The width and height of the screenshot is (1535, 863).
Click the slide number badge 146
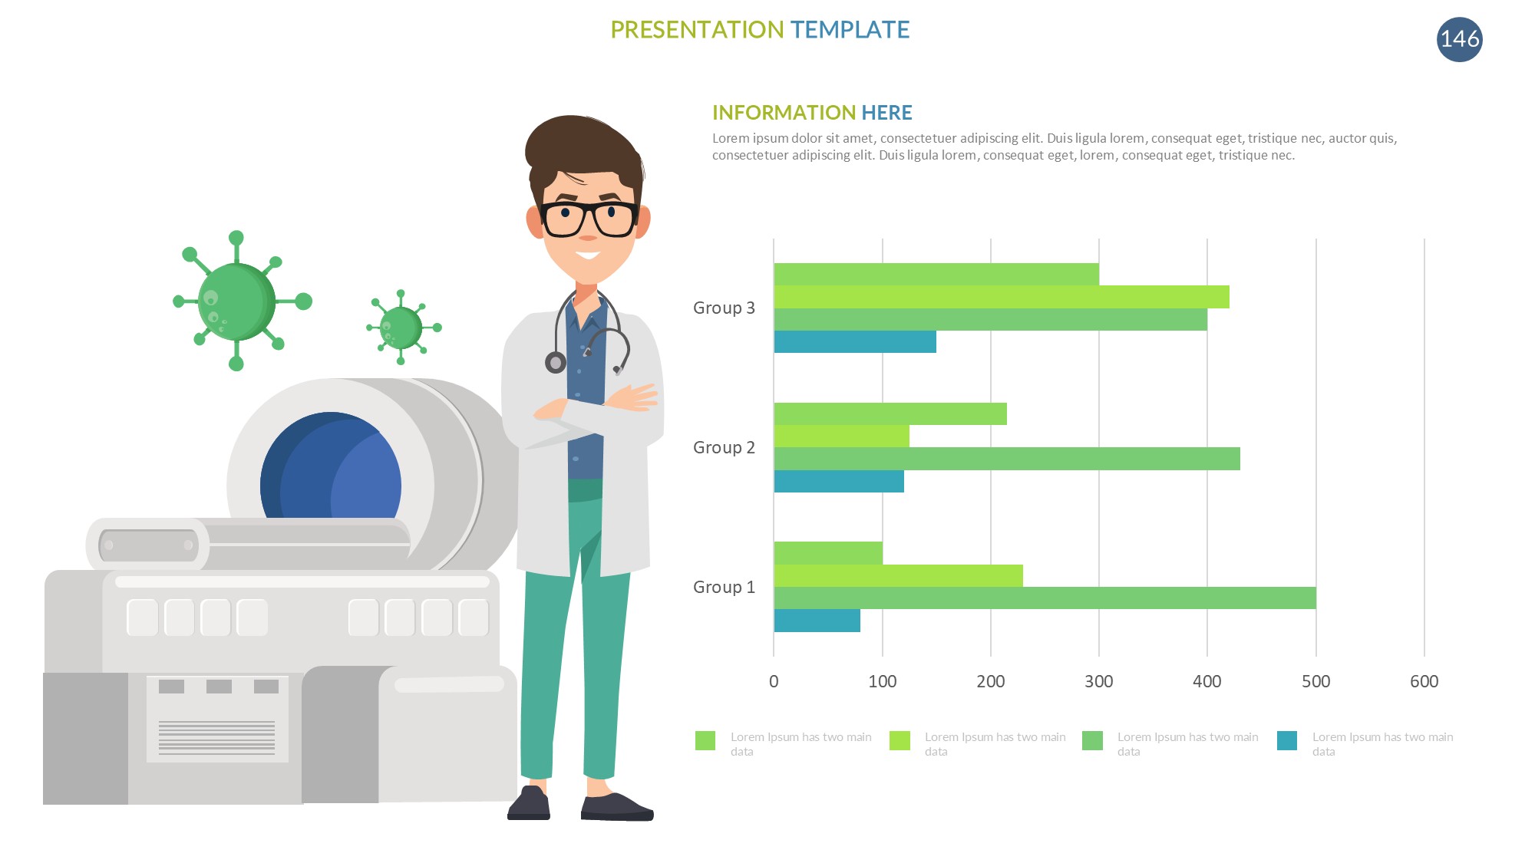[1459, 39]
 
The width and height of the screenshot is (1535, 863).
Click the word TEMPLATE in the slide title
[850, 30]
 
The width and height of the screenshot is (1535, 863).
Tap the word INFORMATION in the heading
[784, 113]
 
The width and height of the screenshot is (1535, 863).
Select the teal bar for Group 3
[855, 342]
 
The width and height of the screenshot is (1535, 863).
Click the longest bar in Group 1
[1045, 598]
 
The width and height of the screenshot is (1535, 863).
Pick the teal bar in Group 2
[839, 482]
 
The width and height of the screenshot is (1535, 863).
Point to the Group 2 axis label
[724, 447]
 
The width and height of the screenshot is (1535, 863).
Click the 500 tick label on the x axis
[1315, 681]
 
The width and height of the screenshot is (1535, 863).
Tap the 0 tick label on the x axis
[774, 681]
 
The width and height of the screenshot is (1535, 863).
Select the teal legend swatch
[1287, 740]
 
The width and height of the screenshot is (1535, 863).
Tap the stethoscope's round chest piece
[556, 362]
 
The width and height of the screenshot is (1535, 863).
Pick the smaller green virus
[402, 328]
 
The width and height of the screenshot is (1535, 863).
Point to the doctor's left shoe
[616, 807]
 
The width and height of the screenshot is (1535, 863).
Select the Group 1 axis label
[724, 587]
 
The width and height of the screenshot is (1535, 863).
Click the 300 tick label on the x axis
[1099, 681]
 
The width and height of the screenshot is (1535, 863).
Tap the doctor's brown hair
[583, 153]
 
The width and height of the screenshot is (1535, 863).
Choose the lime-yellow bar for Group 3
[1002, 297]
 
